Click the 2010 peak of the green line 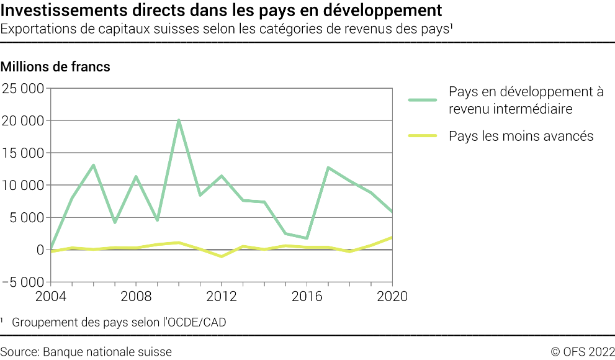[x=179, y=120]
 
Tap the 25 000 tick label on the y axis [x=23, y=88]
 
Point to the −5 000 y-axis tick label [x=23, y=282]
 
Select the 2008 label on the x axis [x=135, y=296]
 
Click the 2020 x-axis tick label [x=392, y=296]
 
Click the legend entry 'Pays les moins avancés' [x=521, y=136]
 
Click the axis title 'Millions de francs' [x=56, y=67]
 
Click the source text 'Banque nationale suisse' [x=107, y=352]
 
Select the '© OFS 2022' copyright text [x=582, y=352]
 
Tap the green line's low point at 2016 [x=307, y=238]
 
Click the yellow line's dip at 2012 [x=222, y=256]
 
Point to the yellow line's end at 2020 [x=392, y=237]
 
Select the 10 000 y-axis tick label [x=23, y=185]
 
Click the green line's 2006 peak [x=93, y=165]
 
